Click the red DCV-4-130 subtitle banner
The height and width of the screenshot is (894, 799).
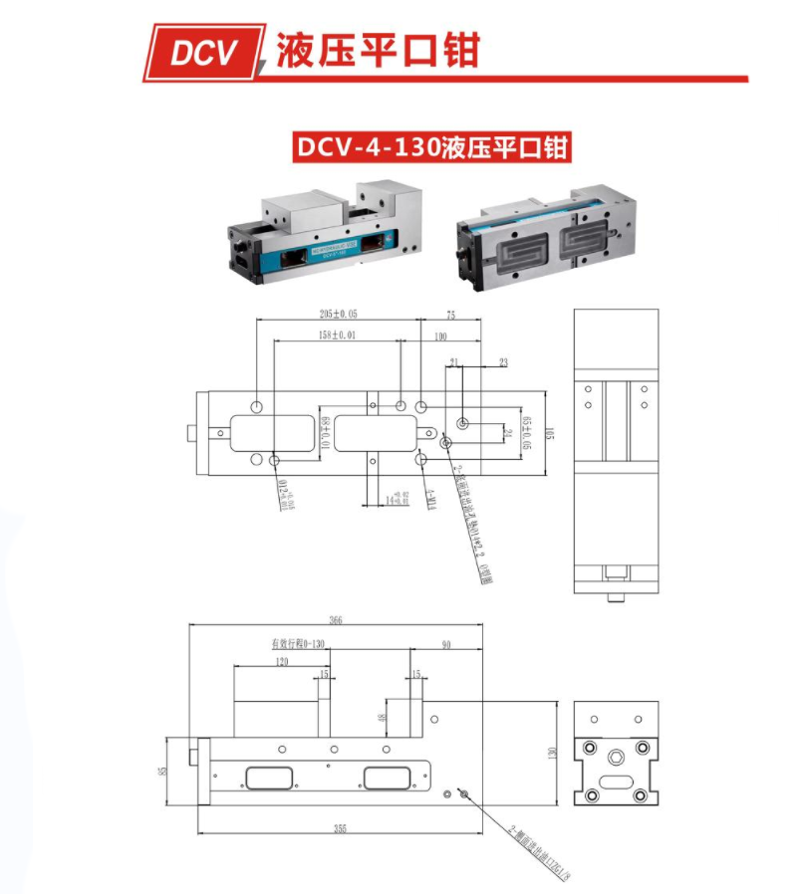coord(431,147)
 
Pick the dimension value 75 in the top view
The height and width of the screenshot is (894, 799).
coord(450,314)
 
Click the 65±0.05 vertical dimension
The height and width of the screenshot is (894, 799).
coord(529,431)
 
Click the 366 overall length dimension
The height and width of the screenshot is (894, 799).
coord(335,620)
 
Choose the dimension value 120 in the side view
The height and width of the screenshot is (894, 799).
coord(281,661)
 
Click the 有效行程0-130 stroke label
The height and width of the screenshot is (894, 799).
coord(299,643)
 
